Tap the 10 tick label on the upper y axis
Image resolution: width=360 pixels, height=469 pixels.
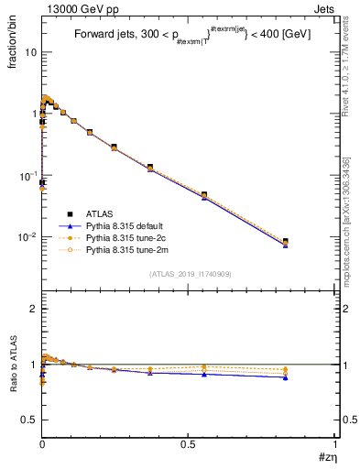[30, 52]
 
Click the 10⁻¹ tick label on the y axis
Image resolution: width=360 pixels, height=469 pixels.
[27, 175]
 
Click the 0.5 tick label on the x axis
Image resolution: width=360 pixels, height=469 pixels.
[188, 443]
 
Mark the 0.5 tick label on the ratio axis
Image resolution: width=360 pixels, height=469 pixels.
[28, 420]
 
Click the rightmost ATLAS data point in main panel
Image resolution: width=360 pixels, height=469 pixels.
[286, 242]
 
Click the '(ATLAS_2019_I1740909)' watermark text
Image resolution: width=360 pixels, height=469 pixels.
[190, 274]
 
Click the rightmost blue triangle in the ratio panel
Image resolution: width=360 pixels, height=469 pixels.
[286, 377]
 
